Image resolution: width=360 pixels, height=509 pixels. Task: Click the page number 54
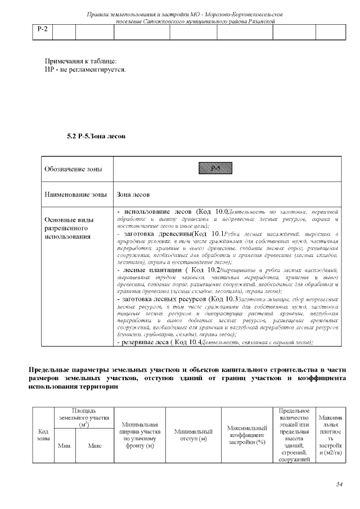click(339, 484)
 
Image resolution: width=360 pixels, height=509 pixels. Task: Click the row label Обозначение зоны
click(69, 169)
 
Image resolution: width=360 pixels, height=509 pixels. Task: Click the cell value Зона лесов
click(133, 195)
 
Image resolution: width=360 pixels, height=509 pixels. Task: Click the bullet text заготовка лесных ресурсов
click(166, 299)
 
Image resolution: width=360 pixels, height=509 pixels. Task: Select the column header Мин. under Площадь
click(64, 446)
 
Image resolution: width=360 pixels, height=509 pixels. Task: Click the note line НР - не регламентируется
click(85, 70)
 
